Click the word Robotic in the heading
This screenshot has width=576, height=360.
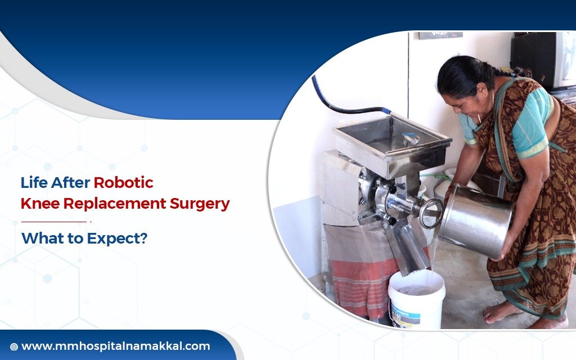tap(123, 183)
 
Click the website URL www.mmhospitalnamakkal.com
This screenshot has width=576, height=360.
tap(115, 346)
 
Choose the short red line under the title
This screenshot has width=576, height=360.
tap(53, 222)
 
